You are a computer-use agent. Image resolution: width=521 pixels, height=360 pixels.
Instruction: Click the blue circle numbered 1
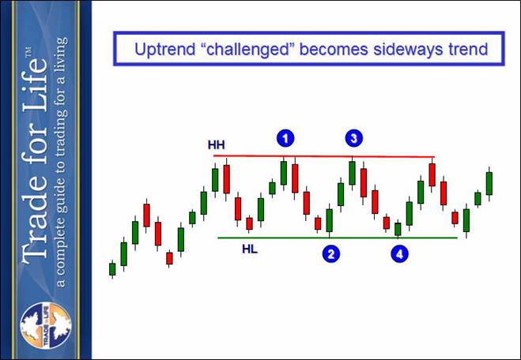tap(285, 138)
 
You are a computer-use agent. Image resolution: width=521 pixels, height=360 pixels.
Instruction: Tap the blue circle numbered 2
tap(331, 254)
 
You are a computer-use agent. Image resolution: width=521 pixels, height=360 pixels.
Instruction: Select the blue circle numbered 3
tap(354, 138)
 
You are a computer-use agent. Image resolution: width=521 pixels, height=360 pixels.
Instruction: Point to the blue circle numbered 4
tap(399, 254)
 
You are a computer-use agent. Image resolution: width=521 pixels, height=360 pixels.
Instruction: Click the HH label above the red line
tap(217, 145)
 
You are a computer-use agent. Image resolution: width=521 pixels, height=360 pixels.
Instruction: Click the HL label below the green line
tap(250, 249)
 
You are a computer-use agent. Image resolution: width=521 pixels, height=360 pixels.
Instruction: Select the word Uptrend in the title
tap(164, 50)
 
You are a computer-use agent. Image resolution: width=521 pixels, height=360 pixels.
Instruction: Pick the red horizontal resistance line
tap(324, 156)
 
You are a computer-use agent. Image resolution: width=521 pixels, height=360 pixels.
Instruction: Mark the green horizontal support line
tap(338, 238)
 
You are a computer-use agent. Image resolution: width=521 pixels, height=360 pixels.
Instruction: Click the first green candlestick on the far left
tap(112, 269)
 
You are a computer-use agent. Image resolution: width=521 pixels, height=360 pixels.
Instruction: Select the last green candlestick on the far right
tap(489, 183)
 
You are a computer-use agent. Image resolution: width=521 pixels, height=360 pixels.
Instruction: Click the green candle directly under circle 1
tap(283, 173)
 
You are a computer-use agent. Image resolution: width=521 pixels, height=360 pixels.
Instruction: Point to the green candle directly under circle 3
tap(352, 173)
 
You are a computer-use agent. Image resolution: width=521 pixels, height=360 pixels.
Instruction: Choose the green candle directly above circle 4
tap(398, 229)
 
